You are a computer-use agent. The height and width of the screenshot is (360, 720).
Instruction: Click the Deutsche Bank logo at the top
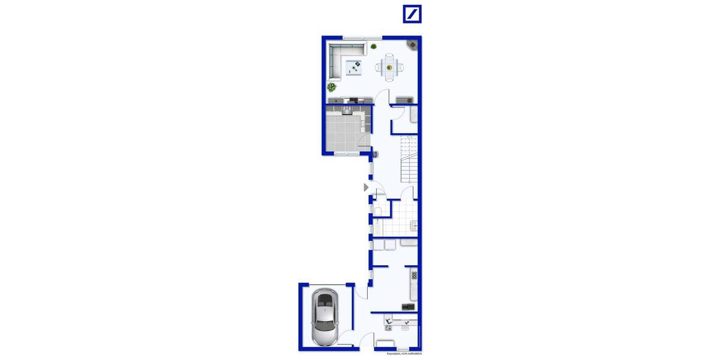412,14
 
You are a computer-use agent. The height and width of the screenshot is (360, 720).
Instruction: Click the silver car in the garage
325,319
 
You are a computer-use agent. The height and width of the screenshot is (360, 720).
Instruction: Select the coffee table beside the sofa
354,67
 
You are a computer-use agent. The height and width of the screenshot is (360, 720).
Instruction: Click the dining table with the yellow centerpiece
389,67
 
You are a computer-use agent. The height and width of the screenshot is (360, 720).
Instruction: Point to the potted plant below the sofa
332,87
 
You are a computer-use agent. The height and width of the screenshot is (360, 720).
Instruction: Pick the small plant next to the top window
374,46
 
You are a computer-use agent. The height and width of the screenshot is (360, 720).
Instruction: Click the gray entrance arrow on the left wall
366,187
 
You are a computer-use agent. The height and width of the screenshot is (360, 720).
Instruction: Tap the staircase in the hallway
408,159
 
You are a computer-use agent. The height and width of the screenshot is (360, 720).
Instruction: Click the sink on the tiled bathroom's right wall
413,226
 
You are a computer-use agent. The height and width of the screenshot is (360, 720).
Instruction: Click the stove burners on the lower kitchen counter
413,275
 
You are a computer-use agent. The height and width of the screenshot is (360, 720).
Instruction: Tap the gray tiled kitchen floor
342,132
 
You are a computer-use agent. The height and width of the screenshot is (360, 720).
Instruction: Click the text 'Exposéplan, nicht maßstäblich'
405,353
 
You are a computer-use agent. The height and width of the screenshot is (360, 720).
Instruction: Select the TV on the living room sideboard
354,98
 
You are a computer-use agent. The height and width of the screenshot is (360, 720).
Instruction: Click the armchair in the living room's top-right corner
413,44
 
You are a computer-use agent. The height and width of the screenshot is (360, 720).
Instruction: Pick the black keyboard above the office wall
408,307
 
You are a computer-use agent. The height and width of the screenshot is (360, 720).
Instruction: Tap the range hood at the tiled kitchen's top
347,110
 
